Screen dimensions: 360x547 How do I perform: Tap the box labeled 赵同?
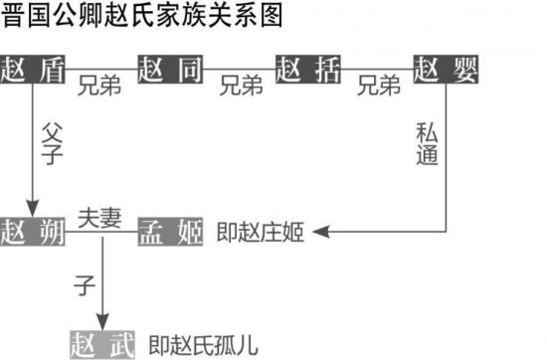coord(172,71)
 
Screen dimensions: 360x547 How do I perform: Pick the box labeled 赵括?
coord(309,71)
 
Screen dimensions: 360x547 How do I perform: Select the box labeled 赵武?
coord(102,343)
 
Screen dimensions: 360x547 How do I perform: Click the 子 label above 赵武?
coord(84,285)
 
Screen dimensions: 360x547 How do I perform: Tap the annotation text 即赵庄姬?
coord(260,233)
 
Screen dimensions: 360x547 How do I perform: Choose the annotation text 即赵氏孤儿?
coord(203,344)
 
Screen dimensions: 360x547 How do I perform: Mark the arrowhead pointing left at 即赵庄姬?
coord(320,233)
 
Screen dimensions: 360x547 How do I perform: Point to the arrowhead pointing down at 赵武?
coord(102,318)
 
